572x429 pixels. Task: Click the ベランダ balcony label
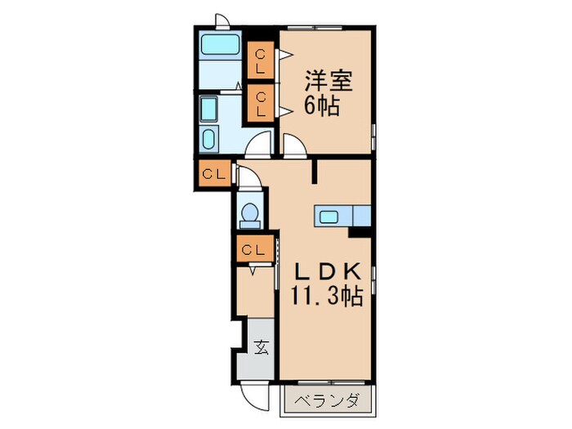(x=328, y=401)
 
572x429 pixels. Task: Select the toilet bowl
(x=249, y=214)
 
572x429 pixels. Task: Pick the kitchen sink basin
(x=330, y=217)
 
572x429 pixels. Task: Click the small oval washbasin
(x=208, y=138)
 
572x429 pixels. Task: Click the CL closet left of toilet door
(x=214, y=174)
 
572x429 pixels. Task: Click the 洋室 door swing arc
(x=295, y=145)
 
